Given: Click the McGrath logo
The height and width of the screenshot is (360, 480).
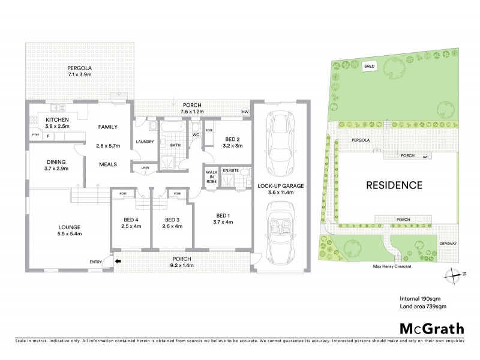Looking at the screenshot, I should [432, 328].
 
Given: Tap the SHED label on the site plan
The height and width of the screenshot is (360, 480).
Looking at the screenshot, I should [370, 67].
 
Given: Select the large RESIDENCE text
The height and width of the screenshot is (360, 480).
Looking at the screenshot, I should [394, 185].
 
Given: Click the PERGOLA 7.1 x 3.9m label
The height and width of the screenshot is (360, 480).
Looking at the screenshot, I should [79, 73].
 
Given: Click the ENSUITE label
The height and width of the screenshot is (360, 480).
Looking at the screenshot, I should [230, 170].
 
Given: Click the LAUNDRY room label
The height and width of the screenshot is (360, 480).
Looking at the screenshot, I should [145, 142].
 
